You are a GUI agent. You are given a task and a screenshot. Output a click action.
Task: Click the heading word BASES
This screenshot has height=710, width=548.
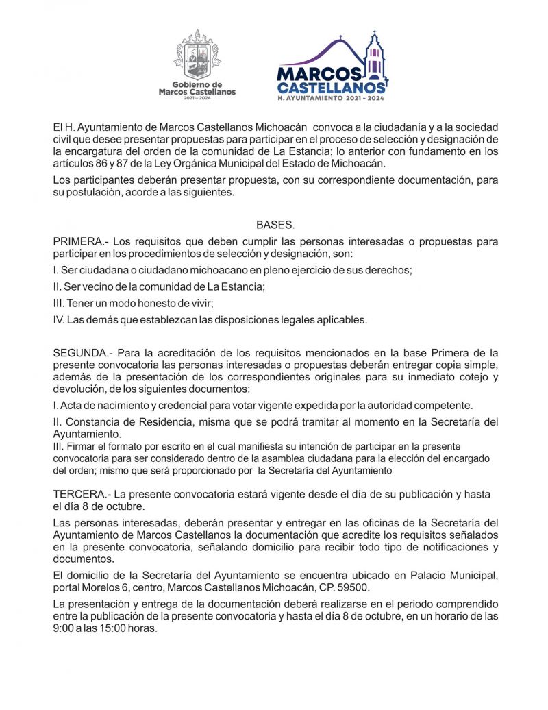point(275,225)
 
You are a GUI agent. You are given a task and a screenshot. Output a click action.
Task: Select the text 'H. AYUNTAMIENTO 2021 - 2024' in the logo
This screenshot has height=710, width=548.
point(332,99)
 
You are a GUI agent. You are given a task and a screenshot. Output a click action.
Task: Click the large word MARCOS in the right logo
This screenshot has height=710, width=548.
point(319,73)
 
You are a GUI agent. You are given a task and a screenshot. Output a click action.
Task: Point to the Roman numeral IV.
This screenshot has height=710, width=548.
point(59,319)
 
